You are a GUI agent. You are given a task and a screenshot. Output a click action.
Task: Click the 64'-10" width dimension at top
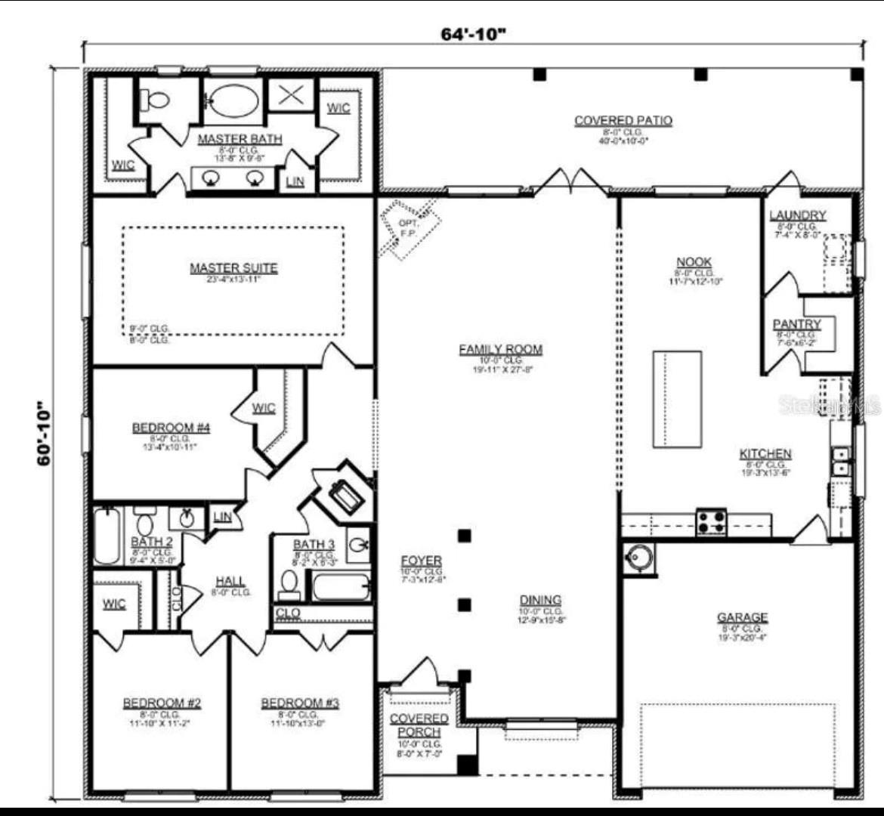[473, 35]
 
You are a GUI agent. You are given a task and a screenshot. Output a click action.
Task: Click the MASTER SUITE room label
[233, 268]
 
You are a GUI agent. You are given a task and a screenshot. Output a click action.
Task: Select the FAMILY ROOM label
[500, 349]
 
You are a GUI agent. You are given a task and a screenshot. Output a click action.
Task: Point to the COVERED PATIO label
[623, 121]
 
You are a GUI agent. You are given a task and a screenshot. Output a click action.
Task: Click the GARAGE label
[742, 617]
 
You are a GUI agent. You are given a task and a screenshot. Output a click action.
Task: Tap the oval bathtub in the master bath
[233, 99]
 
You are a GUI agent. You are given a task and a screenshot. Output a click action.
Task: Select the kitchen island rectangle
[677, 399]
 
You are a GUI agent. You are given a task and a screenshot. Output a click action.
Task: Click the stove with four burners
[711, 522]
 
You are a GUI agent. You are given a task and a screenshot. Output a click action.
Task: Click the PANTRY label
[796, 324]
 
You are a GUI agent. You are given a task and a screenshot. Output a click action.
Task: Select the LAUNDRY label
[797, 216]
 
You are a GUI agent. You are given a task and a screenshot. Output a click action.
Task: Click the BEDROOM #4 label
[171, 428]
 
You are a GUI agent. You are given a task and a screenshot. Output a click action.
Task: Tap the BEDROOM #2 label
[162, 703]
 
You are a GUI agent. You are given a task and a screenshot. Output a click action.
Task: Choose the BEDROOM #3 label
[300, 703]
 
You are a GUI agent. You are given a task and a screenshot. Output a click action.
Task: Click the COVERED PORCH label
[419, 725]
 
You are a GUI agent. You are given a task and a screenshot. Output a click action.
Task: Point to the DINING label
[540, 600]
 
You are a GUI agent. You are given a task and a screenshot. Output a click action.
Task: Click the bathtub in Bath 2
[107, 536]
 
